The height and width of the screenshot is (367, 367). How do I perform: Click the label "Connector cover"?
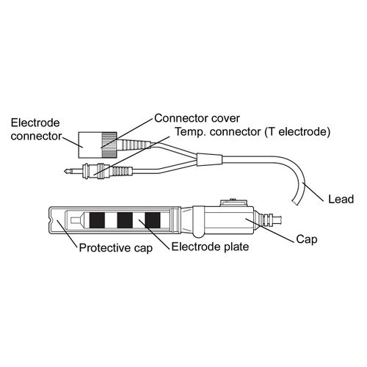pos(197,118)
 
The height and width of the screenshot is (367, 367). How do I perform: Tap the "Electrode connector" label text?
pos(36,129)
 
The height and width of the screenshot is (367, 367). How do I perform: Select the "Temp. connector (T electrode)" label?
pos(252,132)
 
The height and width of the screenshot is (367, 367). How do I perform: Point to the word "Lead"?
pos(341,199)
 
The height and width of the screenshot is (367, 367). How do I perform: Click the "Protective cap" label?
pos(116,248)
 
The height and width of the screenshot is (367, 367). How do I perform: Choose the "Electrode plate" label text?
pos(210,247)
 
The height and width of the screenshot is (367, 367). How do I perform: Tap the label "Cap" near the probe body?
pos(307,239)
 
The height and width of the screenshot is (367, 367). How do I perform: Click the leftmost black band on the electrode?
pos(97,220)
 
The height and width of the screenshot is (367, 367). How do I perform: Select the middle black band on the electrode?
pos(125,220)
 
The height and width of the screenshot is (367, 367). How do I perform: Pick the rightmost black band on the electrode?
pos(153,220)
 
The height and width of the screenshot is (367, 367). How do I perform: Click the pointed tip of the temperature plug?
pos(65,171)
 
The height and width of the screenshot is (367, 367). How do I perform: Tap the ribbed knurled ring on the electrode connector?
pos(109,145)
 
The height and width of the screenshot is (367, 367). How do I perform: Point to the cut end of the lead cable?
pos(294,202)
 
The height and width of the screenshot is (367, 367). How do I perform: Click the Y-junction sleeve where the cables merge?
pos(209,159)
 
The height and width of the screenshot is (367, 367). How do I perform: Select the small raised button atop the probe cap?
pos(233,203)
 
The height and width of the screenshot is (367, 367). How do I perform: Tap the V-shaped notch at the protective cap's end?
pos(51,220)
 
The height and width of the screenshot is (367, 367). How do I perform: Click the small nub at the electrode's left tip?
pos(73,220)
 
